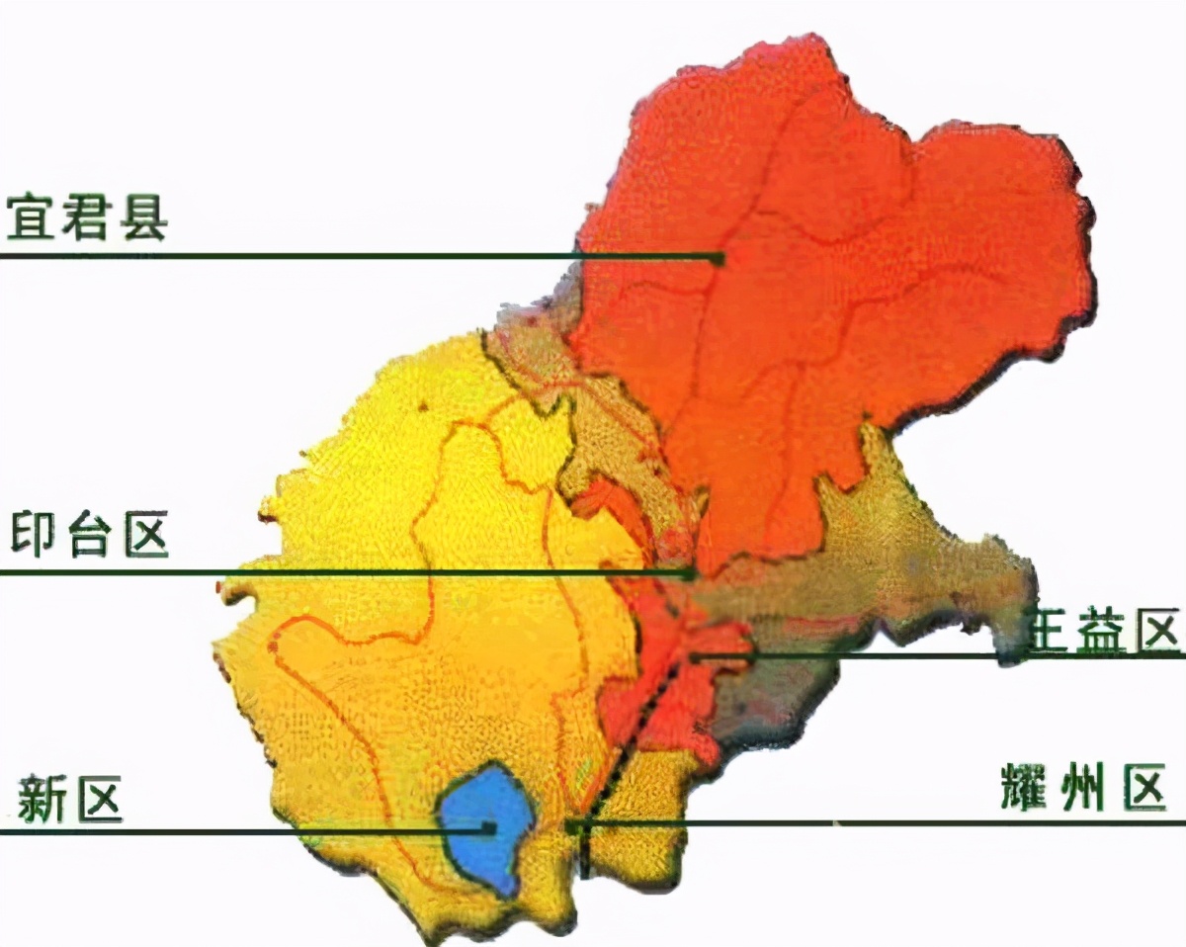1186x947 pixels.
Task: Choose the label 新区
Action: pyautogui.click(x=70, y=799)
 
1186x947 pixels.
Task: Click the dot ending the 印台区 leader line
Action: pyautogui.click(x=693, y=572)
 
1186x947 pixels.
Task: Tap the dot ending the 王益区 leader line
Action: pyautogui.click(x=695, y=656)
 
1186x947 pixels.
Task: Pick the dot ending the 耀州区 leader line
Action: pyautogui.click(x=571, y=823)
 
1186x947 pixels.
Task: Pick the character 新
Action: pyautogui.click(x=42, y=799)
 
